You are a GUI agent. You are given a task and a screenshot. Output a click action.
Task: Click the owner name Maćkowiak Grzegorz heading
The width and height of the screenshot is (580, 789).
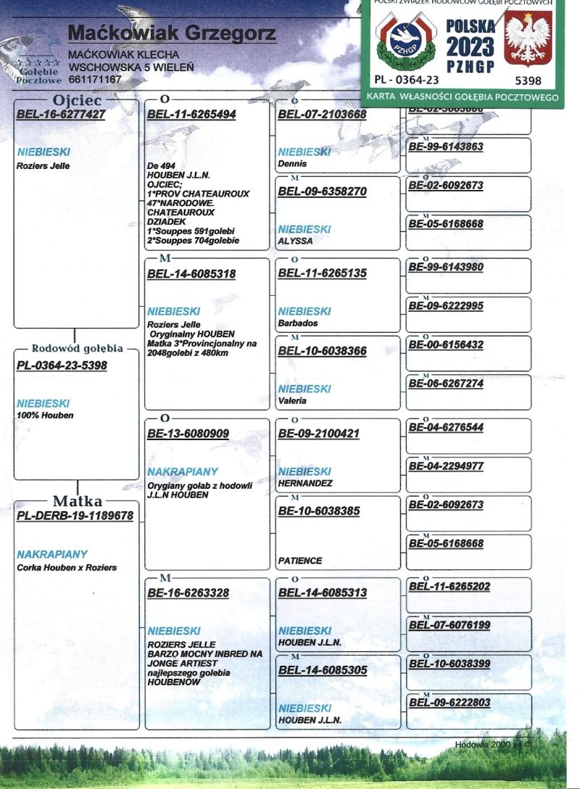coord(171,33)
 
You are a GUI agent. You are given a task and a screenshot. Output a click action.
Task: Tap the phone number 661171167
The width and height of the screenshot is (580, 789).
coord(95,78)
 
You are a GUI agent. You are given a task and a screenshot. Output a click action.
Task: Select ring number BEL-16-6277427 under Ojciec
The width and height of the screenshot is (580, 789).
coord(61,114)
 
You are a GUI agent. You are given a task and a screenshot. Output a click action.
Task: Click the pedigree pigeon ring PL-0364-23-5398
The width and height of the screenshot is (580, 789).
coord(62,365)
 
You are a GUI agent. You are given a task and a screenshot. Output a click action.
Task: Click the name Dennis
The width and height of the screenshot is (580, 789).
coord(292,164)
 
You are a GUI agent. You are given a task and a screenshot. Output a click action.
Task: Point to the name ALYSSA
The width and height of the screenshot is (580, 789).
coord(295,241)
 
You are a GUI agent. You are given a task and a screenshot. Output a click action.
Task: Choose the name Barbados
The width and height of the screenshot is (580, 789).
coord(298,323)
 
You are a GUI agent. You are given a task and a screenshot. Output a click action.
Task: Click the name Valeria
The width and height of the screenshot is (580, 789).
coord(293,400)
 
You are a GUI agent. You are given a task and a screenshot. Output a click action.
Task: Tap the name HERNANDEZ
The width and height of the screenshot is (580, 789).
coord(305,483)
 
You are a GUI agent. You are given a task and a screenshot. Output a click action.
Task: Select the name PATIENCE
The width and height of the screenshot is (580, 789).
coord(300,561)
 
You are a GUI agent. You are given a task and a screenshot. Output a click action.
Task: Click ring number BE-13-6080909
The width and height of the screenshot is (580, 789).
coord(188,434)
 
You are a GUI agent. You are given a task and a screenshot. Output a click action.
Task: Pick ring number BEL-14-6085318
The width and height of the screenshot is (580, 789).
coord(191,274)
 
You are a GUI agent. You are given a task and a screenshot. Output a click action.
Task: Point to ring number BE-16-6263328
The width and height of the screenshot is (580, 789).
coord(188,592)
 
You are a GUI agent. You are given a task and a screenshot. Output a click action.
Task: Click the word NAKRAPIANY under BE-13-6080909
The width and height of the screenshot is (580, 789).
coord(182,471)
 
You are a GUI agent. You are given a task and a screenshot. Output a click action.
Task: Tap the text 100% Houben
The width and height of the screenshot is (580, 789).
coord(45,416)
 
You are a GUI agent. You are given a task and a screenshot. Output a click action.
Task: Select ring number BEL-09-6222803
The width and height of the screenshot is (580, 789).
coord(449,702)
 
